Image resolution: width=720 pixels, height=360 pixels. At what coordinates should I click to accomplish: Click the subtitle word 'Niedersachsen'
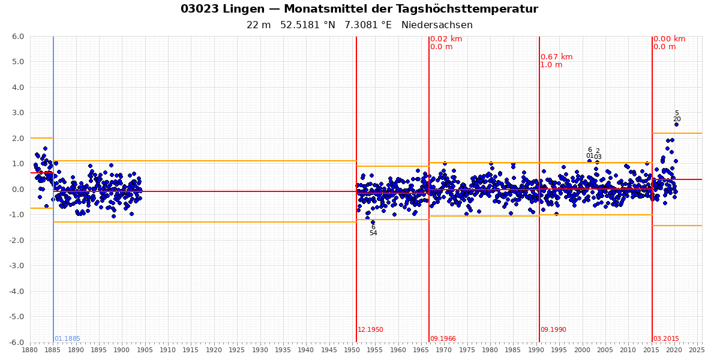coord(437,25)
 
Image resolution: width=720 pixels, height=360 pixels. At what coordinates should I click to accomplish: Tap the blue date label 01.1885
coord(67,339)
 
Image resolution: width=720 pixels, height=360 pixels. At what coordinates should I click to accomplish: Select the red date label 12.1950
coord(370,330)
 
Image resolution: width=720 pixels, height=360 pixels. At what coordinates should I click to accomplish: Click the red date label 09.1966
coord(443,339)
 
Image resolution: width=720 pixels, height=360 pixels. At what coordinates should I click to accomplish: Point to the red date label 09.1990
coord(553,330)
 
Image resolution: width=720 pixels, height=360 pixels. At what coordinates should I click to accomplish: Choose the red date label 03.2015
coord(666,339)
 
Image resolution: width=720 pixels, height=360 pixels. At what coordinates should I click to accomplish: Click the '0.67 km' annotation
coord(556,57)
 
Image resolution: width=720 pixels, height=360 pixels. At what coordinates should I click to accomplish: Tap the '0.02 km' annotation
coord(446,39)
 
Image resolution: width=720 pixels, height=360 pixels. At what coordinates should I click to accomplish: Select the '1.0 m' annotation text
coord(551,65)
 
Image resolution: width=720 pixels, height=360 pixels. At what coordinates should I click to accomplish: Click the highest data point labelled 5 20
coord(676,124)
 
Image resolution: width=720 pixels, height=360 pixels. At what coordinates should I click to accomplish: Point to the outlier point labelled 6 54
coord(373,223)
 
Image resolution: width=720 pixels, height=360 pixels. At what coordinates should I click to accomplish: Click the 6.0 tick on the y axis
coord(18,37)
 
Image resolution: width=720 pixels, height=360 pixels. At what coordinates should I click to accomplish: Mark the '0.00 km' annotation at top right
coord(669,39)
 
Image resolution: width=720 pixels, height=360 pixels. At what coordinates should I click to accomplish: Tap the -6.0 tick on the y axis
coord(17,343)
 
